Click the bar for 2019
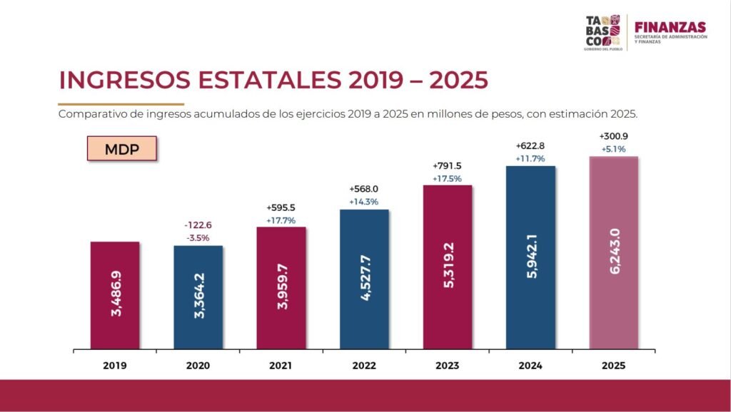tap(115, 296)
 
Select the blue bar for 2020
tap(198, 298)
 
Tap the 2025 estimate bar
tap(614, 253)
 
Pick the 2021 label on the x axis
tap(281, 366)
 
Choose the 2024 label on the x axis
tap(530, 366)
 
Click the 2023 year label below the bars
tap(447, 366)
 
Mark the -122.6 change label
tap(198, 225)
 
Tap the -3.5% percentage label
tap(198, 237)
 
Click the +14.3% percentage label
tap(364, 202)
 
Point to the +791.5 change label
tap(448, 165)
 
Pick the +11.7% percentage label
tap(530, 159)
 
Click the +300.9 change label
tap(614, 136)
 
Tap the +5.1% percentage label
tap(614, 149)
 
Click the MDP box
tap(122, 150)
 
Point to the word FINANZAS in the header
tap(670, 26)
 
